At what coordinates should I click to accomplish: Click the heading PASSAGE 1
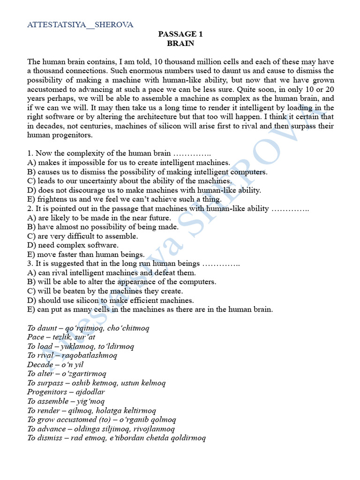coord(180,34)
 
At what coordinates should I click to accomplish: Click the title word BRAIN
coord(180,43)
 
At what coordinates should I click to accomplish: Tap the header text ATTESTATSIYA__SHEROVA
coord(80,25)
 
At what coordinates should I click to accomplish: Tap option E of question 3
coord(150,309)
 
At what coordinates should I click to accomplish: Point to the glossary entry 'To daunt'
coord(43,328)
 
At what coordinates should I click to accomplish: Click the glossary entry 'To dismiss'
coord(46,438)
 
